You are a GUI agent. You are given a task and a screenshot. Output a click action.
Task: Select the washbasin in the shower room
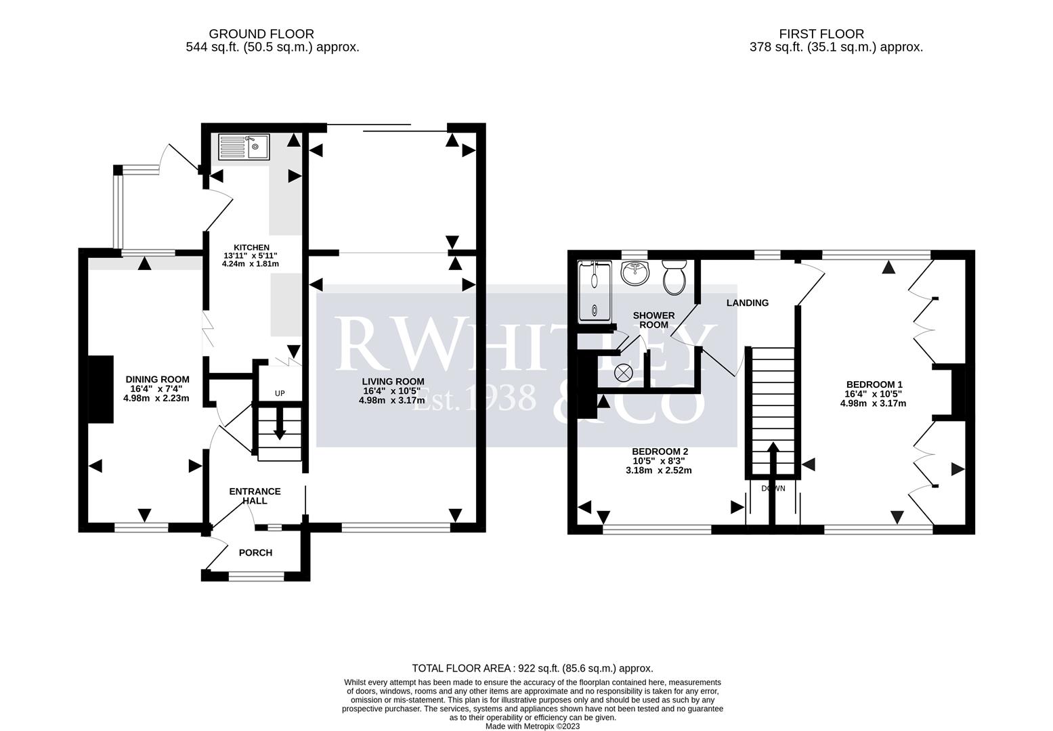tap(635, 273)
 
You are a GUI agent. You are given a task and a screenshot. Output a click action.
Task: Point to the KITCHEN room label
tap(251, 248)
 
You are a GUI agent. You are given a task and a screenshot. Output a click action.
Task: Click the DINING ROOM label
tap(157, 380)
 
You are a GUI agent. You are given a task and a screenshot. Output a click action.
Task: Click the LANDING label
tap(747, 303)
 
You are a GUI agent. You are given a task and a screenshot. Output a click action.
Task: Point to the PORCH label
tap(255, 553)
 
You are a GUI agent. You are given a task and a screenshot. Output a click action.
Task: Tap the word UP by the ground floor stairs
tap(279, 393)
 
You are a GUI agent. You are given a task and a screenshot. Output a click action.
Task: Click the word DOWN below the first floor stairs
tap(773, 489)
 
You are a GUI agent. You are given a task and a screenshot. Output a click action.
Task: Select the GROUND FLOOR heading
tap(261, 34)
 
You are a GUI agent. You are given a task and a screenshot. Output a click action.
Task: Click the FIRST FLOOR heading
tap(821, 34)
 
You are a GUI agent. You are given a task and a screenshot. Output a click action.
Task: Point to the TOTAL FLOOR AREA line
tap(532, 668)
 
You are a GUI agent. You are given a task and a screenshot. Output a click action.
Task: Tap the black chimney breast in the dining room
tap(102, 389)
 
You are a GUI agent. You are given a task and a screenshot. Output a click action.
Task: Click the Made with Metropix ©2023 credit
tap(532, 726)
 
